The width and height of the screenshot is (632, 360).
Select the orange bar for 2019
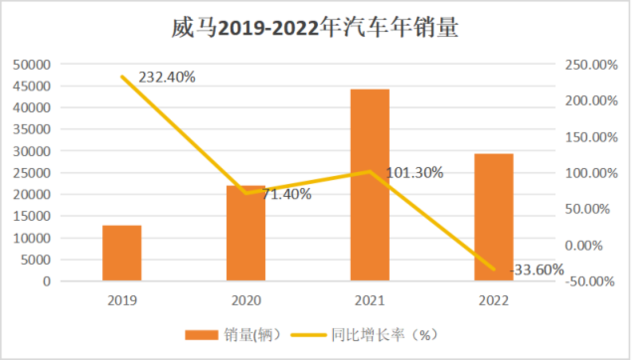pos(122,253)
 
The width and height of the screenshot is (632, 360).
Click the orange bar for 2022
pos(494,217)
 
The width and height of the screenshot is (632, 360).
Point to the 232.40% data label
pos(167,77)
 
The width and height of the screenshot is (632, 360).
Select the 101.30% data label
pos(414,172)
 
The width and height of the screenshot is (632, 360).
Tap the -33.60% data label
pos(537,270)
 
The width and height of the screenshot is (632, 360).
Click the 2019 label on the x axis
pos(122,301)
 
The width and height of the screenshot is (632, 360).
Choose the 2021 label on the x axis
pos(370,301)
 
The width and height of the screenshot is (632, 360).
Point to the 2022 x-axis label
pos(494,301)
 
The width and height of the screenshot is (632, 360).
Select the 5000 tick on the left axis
pos(38,260)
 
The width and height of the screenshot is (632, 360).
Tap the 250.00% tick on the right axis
pos(590,65)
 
